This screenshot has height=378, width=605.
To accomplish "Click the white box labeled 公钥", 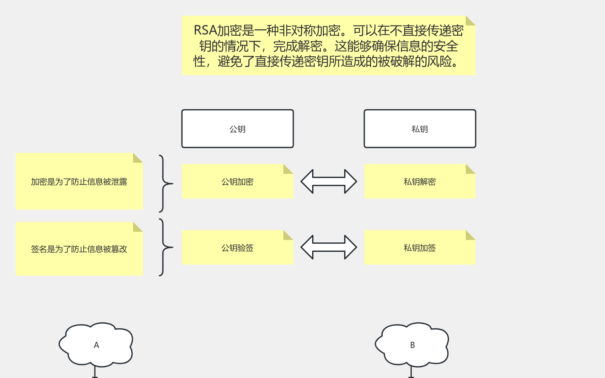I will (x=237, y=129).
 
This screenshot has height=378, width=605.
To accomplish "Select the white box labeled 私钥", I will (x=420, y=129).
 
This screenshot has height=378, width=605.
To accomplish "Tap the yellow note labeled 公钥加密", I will (x=237, y=182).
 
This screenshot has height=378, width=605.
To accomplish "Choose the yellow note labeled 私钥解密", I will (x=420, y=182).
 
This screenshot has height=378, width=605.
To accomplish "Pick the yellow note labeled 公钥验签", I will (x=237, y=248).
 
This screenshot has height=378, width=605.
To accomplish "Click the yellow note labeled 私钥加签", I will (x=420, y=248).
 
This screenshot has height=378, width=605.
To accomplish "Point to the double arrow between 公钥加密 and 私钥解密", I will (x=329, y=182).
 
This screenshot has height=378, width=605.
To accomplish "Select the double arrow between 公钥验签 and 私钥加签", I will (x=329, y=247).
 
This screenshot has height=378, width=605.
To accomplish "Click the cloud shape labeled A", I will (x=96, y=345).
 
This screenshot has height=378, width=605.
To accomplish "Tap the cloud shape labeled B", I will (x=412, y=345).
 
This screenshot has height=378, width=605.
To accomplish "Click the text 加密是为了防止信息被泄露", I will (x=79, y=182).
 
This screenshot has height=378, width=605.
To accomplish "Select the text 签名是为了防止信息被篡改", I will (x=79, y=249).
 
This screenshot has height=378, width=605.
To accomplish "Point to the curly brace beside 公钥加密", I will (x=165, y=184).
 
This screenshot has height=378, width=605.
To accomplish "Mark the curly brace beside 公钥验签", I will (x=165, y=247).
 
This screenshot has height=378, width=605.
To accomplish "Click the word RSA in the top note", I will (x=205, y=30).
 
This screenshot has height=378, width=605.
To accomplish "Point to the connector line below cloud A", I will (x=95, y=372).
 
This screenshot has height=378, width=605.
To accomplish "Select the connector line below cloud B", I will (x=411, y=372).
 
